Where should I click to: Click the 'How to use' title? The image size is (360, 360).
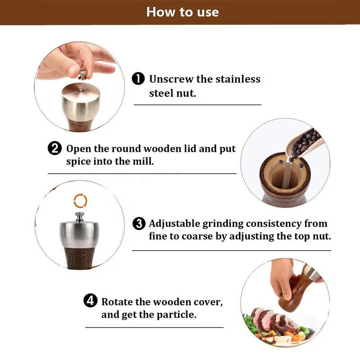(x=182, y=12)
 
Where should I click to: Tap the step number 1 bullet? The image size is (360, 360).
(x=138, y=79)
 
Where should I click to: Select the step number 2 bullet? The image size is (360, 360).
(x=54, y=148)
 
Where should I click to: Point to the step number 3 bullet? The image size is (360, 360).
(x=139, y=224)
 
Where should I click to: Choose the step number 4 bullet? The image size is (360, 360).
(x=90, y=301)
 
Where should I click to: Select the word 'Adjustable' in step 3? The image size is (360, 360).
(x=175, y=224)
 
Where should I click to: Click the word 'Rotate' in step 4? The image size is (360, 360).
(x=117, y=301)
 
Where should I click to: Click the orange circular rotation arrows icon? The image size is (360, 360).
(x=80, y=201)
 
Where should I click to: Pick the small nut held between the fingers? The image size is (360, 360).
(x=82, y=74)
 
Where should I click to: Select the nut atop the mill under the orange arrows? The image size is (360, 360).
(x=80, y=217)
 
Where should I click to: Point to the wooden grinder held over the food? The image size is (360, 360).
(x=295, y=288)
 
